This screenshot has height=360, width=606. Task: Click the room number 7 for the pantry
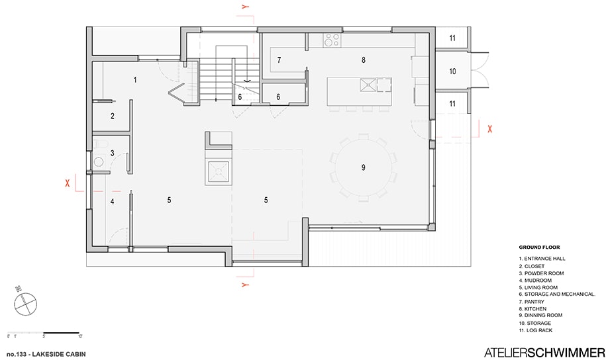[279, 60]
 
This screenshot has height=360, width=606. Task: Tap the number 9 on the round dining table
[364, 167]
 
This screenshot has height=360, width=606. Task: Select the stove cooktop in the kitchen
[332, 40]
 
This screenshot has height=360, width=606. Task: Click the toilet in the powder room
[100, 144]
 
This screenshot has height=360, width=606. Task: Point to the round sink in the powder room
[99, 161]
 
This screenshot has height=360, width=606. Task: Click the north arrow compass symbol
[26, 303]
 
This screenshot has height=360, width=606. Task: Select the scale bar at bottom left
[43, 333]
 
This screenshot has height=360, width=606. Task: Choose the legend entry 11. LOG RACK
[536, 330]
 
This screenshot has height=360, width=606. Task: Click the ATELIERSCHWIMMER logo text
[544, 353]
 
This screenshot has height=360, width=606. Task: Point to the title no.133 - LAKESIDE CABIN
[46, 354]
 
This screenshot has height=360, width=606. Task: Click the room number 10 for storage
[452, 71]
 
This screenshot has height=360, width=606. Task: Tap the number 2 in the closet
[113, 116]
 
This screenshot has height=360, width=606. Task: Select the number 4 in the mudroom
[112, 201]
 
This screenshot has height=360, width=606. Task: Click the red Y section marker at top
[245, 7]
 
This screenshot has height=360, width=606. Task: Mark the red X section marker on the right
[489, 129]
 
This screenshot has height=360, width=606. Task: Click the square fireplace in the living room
[219, 172]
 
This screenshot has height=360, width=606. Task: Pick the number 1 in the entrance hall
[135, 80]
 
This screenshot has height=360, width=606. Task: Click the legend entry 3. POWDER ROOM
[541, 273]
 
